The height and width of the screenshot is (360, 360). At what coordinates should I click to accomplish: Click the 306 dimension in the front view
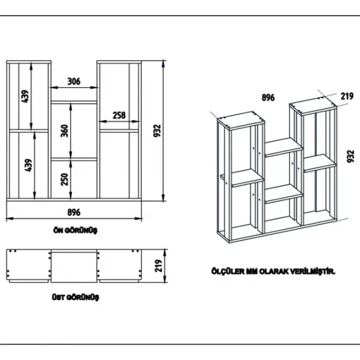(x=74, y=81)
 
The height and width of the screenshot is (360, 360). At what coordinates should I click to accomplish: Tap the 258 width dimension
(x=119, y=115)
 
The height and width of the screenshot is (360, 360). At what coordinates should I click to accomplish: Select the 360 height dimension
(x=65, y=131)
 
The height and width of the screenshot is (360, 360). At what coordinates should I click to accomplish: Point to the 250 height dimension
(x=65, y=179)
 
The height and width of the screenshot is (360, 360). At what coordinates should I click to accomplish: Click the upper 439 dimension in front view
(x=25, y=96)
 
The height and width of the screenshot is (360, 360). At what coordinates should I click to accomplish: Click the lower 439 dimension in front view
(x=28, y=165)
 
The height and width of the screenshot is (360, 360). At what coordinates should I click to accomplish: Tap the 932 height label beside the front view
(x=157, y=131)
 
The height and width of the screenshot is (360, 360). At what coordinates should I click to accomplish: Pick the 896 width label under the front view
(x=74, y=212)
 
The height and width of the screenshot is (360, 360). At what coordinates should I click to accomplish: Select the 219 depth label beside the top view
(x=158, y=266)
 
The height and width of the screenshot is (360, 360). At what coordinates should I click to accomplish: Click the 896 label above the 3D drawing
(x=268, y=98)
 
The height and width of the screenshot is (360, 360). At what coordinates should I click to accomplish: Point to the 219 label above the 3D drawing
(x=347, y=96)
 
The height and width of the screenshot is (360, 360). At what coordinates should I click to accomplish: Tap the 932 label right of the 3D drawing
(x=350, y=157)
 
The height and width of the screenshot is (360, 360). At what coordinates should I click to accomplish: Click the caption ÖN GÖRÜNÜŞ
(x=76, y=230)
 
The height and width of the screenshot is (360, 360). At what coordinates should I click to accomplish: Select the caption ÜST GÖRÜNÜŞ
(x=76, y=298)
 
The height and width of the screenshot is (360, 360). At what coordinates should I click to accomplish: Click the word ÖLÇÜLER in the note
(x=228, y=271)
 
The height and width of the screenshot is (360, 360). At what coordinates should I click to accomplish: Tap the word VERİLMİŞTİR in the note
(x=313, y=272)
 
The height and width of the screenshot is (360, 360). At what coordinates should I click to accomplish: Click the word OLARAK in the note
(x=274, y=272)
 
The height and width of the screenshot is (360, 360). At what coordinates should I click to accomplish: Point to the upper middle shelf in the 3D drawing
(x=284, y=147)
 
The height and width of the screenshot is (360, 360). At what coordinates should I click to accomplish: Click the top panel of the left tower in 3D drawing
(x=241, y=121)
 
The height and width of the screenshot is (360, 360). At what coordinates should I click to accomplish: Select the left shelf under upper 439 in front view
(x=29, y=131)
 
